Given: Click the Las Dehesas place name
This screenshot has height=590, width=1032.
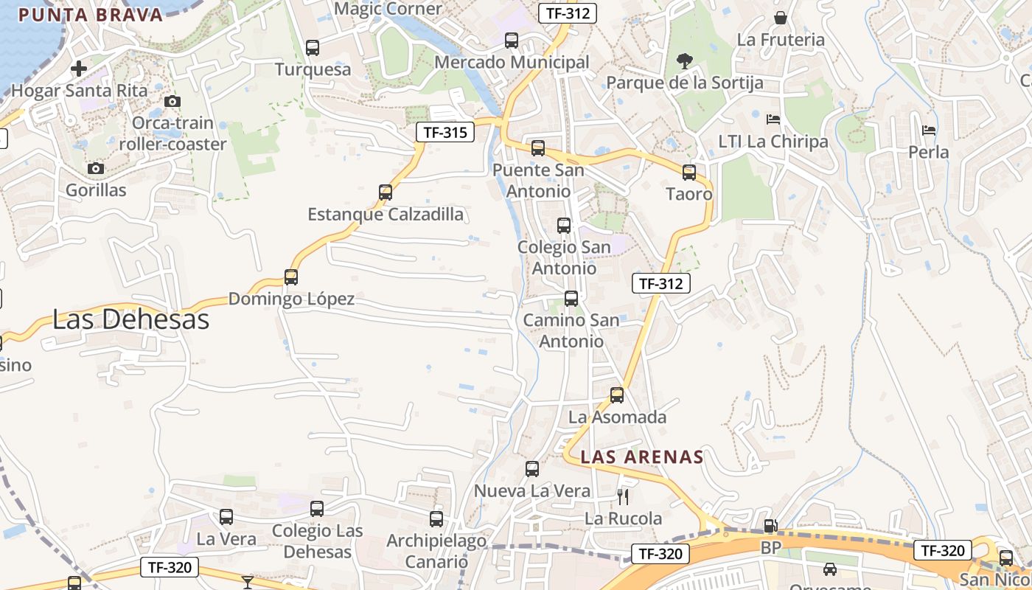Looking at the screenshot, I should click(130, 319).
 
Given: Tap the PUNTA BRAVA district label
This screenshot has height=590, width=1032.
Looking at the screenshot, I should click(90, 15).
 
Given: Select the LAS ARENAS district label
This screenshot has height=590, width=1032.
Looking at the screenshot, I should click(642, 457).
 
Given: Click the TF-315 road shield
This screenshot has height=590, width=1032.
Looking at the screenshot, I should click(444, 133).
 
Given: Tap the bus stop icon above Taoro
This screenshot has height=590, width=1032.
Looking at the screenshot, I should click(689, 173).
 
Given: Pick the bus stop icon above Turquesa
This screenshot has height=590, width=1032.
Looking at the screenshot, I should click(313, 48).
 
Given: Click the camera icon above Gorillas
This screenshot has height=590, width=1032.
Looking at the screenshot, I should click(95, 169).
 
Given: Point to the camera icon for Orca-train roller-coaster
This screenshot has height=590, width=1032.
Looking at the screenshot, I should click(172, 102).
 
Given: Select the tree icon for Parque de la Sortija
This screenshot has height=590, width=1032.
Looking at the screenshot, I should click(685, 61).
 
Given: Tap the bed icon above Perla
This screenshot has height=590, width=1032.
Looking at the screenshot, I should click(929, 131).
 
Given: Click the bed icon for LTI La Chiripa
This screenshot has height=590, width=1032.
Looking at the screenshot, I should click(773, 119).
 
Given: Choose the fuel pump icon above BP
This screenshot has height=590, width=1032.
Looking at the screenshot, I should click(770, 526).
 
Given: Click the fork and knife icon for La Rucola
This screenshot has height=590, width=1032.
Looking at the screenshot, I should click(624, 497).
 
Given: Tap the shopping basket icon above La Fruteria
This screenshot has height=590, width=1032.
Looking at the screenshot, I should click(781, 18).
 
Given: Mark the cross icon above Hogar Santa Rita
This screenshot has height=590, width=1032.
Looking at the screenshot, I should click(79, 69).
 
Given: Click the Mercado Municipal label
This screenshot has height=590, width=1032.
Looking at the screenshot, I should click(512, 63).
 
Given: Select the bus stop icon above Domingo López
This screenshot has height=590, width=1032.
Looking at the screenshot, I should click(291, 277).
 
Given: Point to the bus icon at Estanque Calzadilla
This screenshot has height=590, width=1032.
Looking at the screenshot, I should click(386, 192).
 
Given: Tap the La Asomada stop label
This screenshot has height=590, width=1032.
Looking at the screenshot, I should click(617, 417).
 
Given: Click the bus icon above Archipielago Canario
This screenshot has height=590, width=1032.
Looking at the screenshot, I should click(436, 519).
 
